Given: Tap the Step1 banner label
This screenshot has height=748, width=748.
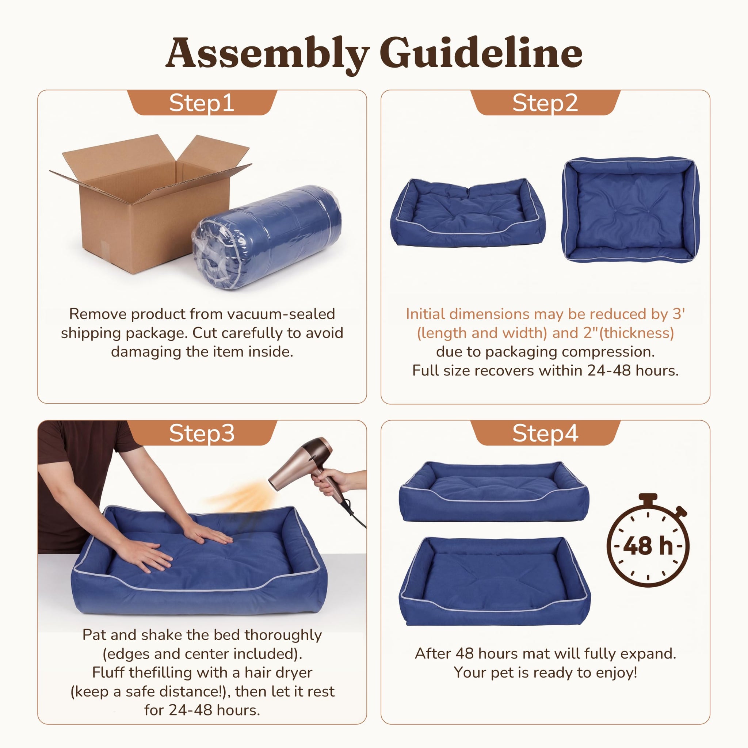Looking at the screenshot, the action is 202,103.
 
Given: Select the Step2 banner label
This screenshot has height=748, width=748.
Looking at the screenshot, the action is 545,103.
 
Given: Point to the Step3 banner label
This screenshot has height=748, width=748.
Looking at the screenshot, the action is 202,433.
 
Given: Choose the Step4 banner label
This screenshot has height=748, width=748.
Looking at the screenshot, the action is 545,433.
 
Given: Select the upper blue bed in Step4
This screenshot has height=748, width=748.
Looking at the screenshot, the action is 494,491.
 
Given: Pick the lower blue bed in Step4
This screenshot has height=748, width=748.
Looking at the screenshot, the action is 495,581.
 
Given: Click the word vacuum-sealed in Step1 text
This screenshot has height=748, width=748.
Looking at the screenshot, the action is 281,314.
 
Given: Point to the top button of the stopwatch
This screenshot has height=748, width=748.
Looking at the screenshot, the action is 648,497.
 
